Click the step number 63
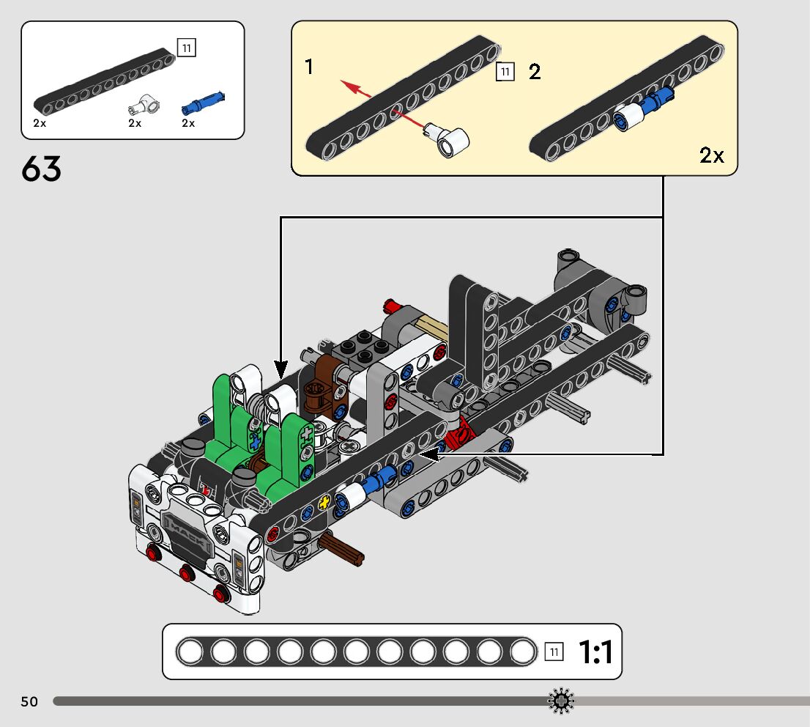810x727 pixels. [41, 169]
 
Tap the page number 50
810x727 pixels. [29, 701]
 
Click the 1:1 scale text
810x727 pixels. [595, 652]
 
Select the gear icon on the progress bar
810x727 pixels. [561, 701]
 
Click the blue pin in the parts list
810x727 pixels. [204, 103]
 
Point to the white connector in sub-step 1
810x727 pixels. [447, 139]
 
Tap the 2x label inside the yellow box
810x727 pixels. [711, 155]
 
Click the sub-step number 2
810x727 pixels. [535, 72]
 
